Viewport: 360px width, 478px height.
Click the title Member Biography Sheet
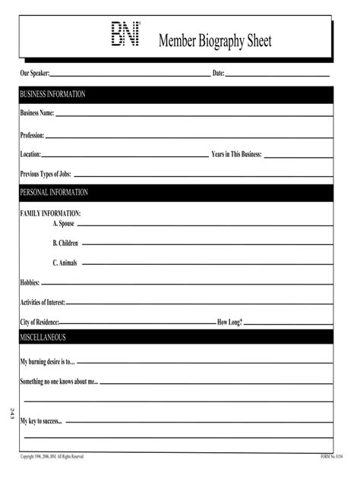tap(214, 41)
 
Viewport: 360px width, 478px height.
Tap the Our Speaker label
tap(35, 73)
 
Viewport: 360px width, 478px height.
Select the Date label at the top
tap(218, 73)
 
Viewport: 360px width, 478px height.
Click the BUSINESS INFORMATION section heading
tap(52, 94)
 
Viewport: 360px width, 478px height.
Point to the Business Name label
tap(37, 114)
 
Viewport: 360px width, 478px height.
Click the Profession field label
tap(33, 135)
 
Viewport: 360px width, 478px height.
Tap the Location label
tap(30, 154)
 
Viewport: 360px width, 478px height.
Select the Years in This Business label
tap(236, 154)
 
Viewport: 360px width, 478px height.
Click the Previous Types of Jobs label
tap(46, 174)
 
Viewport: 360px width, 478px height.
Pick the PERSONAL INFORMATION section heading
tap(54, 193)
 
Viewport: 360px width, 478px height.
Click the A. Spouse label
tap(64, 225)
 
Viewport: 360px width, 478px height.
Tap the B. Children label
tap(65, 244)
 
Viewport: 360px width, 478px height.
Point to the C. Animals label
tap(65, 263)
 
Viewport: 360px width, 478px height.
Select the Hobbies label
tap(30, 282)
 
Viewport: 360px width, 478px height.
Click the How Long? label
tap(230, 322)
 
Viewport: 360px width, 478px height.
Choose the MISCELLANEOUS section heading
tap(43, 336)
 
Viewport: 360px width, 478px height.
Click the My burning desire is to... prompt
tap(48, 362)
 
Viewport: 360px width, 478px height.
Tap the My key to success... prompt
tap(41, 420)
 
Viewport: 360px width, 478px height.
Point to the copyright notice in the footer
tap(52, 456)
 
